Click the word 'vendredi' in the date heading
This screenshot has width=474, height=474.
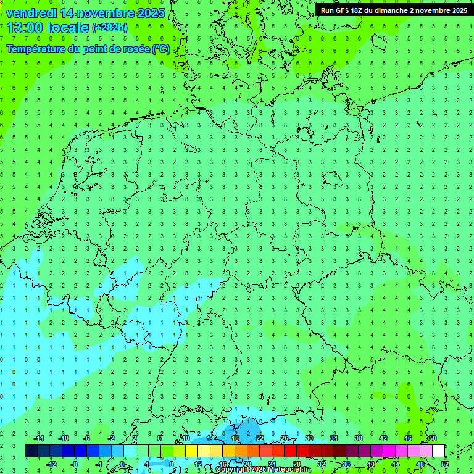(x=30, y=13)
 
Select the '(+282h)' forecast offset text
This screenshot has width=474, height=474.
(x=109, y=27)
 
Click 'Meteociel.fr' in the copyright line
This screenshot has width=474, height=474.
(x=289, y=470)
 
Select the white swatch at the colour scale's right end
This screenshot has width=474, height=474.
(x=438, y=451)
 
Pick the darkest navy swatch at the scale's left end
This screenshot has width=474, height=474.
(x=31, y=451)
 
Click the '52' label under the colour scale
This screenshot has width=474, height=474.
(x=445, y=464)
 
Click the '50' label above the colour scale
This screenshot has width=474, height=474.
(x=433, y=438)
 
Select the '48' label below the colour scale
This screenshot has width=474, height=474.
(x=420, y=464)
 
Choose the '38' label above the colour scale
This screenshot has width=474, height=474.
(x=359, y=438)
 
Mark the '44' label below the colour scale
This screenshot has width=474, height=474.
(x=396, y=464)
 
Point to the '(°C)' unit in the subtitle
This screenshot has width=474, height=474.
(x=161, y=49)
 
